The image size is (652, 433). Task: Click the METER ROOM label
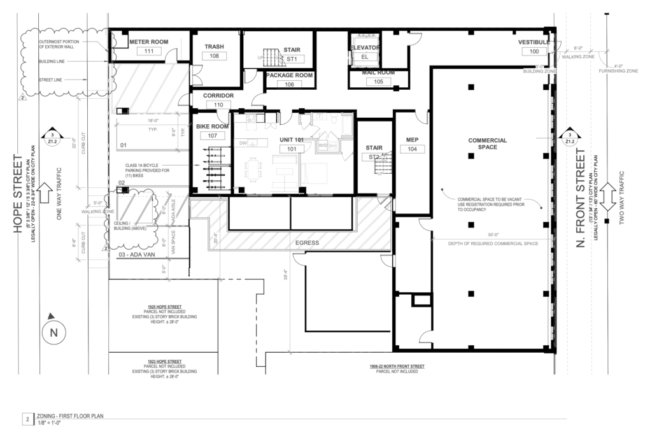pos(148,42)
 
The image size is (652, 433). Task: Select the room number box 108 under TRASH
pos(214,56)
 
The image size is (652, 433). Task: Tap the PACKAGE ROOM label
pos(289,75)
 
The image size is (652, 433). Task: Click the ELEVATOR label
pos(365,48)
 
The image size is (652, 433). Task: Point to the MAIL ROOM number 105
pos(378,82)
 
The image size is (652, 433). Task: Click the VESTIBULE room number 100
pos(534,51)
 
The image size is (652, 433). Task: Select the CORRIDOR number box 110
pos(218,104)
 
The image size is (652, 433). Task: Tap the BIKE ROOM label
pos(213,127)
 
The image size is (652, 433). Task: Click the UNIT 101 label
pos(293,139)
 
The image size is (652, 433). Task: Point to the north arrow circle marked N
pos(53,332)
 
